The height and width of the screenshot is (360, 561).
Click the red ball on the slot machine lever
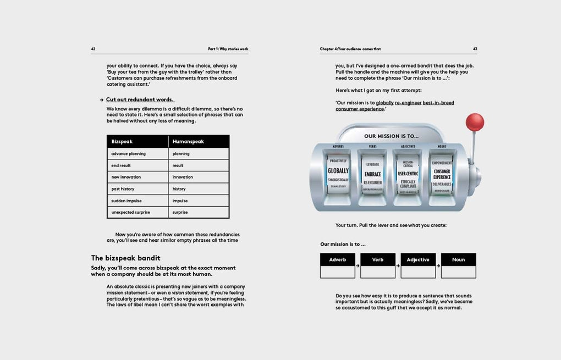[x=474, y=122]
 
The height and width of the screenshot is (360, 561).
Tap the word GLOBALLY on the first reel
[x=338, y=171]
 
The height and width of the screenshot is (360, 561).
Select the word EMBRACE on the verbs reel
[x=372, y=174]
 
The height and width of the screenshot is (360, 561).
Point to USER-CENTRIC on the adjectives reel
[x=408, y=174]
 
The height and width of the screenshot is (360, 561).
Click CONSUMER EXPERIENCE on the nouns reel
[x=442, y=174]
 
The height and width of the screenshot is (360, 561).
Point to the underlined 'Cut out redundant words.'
[x=140, y=99]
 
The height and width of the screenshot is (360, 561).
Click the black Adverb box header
[x=338, y=259]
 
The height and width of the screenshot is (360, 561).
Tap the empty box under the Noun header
[x=458, y=272]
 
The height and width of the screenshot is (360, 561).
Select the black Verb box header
[x=378, y=259]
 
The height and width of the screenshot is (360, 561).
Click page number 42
[x=94, y=49]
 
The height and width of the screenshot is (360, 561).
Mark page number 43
[x=475, y=49]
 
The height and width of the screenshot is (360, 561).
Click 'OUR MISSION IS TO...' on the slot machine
[x=391, y=136]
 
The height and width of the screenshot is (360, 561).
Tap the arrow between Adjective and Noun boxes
[x=439, y=266]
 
